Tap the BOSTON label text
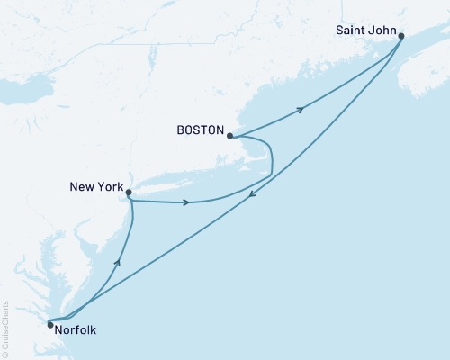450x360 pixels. click(x=200, y=130)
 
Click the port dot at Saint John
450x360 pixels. click(x=401, y=37)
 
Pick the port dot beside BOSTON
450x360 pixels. click(x=230, y=137)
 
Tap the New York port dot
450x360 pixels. click(x=129, y=192)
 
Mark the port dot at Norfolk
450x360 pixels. click(x=50, y=324)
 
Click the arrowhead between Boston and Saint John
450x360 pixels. click(x=300, y=109)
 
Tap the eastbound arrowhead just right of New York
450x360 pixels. click(x=185, y=202)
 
